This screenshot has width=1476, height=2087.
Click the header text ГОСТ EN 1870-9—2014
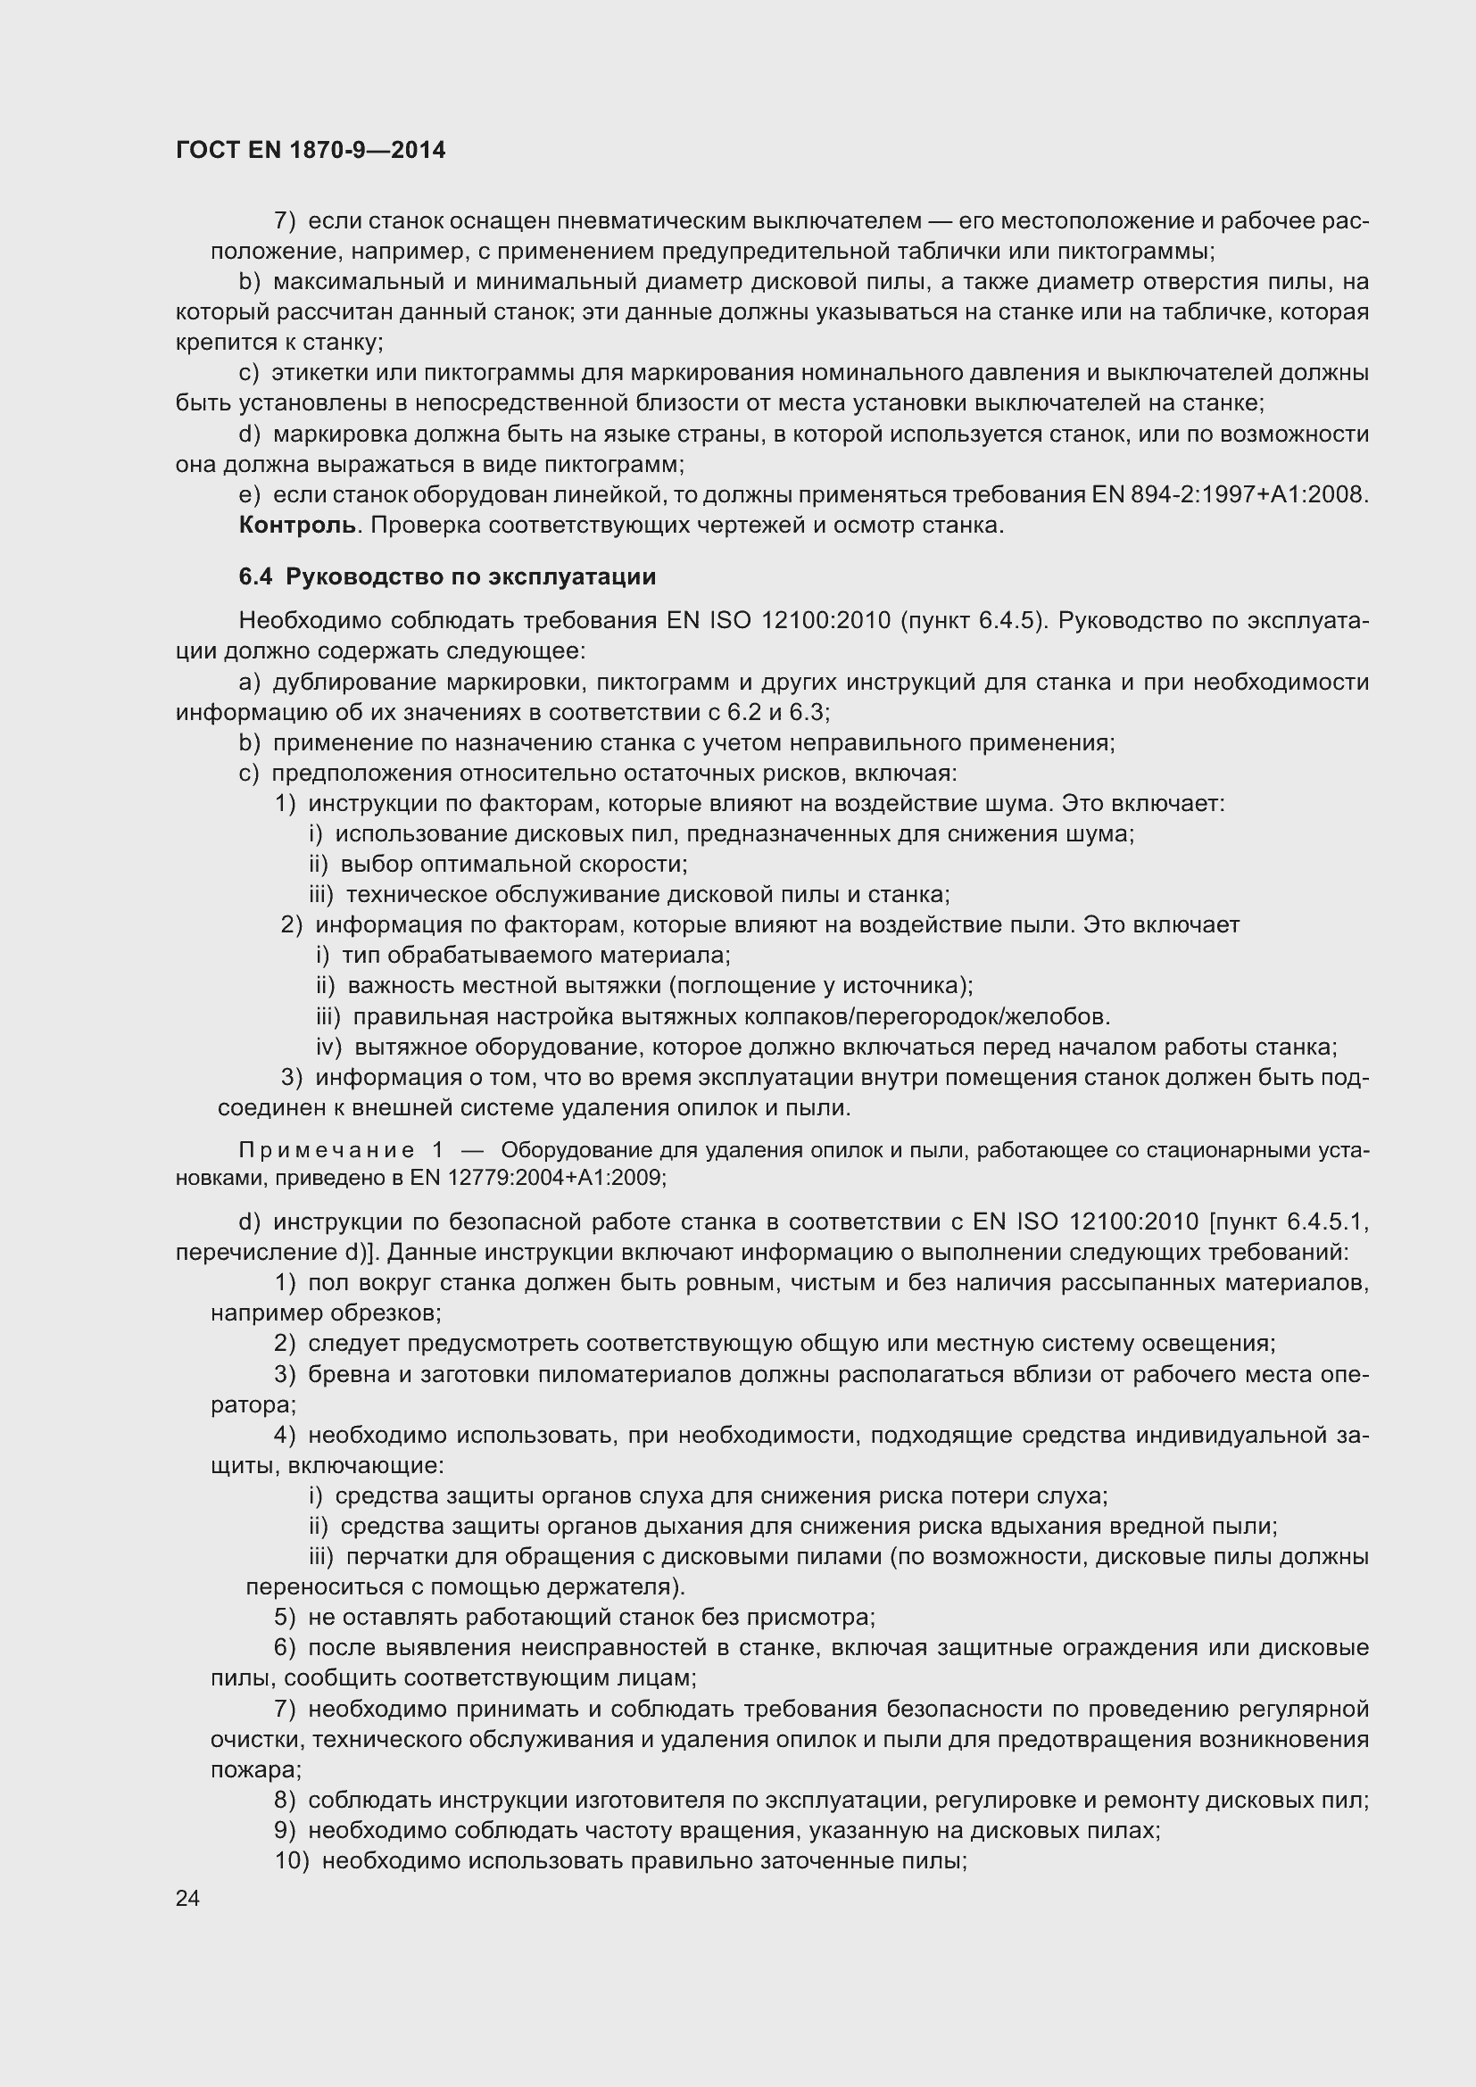[311, 151]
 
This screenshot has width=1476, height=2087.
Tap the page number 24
[188, 1898]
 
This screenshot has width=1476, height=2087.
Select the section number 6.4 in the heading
[255, 577]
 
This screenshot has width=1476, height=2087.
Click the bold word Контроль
[297, 526]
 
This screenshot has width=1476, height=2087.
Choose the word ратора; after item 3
[253, 1404]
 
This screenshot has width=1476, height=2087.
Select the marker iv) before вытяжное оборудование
[328, 1048]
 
